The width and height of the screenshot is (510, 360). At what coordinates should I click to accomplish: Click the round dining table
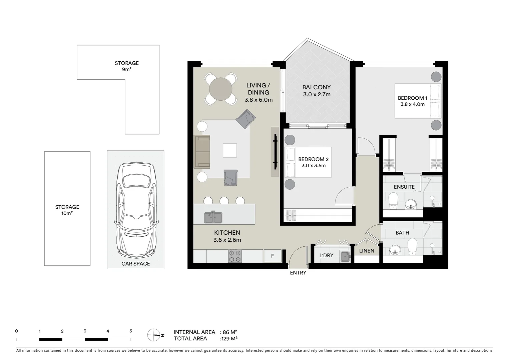220,89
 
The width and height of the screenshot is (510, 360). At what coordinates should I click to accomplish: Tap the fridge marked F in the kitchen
273,256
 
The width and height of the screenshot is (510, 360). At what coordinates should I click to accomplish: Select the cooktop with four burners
235,256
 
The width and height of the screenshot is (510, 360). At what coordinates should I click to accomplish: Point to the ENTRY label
298,273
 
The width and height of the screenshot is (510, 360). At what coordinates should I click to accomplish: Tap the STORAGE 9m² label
127,66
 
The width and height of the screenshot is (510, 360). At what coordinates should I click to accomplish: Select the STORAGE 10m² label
67,210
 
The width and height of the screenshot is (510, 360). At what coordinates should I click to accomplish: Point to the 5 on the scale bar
131,331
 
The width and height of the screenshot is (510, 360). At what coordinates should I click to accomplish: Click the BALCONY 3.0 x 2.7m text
317,91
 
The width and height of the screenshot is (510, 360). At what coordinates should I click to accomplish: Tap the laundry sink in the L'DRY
345,256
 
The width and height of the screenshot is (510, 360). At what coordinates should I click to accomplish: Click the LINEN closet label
367,251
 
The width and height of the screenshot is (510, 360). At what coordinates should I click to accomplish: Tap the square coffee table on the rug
230,150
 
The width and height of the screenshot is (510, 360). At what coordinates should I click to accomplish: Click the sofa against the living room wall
202,152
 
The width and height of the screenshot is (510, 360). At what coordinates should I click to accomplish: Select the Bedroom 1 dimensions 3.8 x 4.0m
412,104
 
